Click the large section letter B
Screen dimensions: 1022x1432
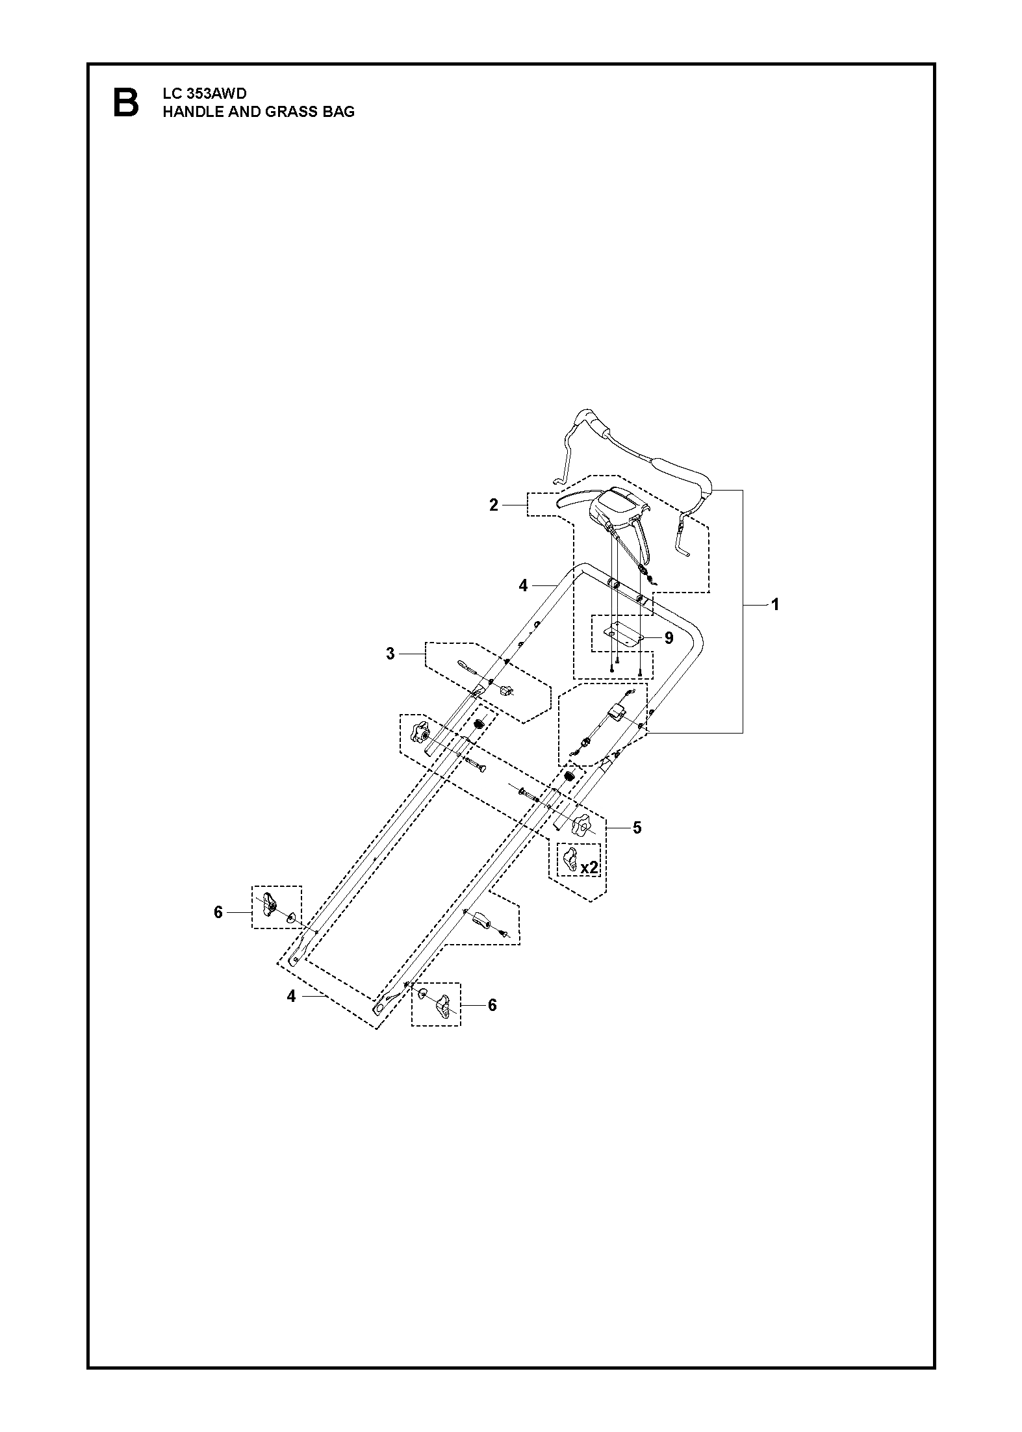pyautogui.click(x=125, y=102)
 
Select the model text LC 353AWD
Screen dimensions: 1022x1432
pyautogui.click(x=205, y=93)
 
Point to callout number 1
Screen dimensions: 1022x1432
pyautogui.click(x=774, y=604)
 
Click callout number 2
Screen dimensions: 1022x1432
pyautogui.click(x=494, y=505)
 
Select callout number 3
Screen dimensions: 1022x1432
pyautogui.click(x=390, y=654)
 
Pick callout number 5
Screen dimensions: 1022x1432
pyautogui.click(x=637, y=828)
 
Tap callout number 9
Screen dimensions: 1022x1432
pyautogui.click(x=669, y=638)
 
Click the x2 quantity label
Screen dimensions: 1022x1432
pyautogui.click(x=589, y=868)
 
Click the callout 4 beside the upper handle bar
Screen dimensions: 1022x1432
pyautogui.click(x=523, y=585)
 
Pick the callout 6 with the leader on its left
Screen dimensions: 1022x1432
pyautogui.click(x=492, y=1005)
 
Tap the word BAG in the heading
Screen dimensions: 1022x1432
pyautogui.click(x=339, y=111)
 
